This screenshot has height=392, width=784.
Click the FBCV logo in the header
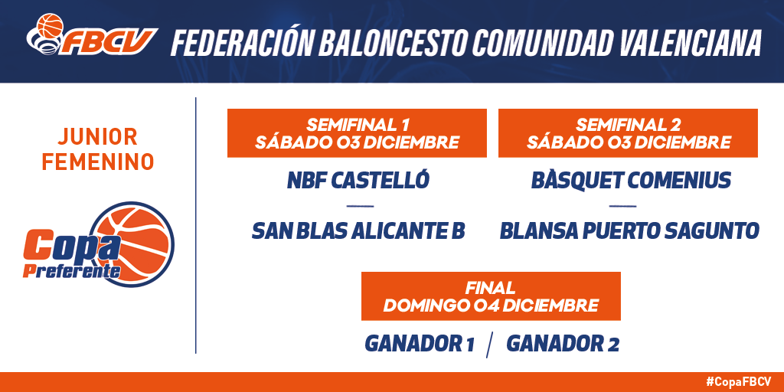click(x=92, y=35)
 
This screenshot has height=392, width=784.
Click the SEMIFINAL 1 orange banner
click(x=357, y=133)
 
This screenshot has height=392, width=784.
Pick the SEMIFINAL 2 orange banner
click(x=628, y=133)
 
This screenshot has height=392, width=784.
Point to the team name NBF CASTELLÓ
click(x=358, y=181)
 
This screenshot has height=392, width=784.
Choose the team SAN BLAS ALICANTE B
click(x=358, y=231)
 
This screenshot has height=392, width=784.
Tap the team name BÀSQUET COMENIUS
click(x=631, y=181)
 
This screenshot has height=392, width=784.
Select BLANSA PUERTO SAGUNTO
click(x=629, y=231)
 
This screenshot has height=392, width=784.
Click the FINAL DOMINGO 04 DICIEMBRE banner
click(x=491, y=296)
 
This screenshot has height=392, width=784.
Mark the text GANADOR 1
click(x=420, y=344)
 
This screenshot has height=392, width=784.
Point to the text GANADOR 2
click(x=563, y=344)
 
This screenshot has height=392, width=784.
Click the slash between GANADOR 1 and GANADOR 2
click(x=491, y=345)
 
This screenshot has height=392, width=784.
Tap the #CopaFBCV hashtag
click(x=738, y=382)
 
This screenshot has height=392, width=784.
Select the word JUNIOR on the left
click(x=97, y=136)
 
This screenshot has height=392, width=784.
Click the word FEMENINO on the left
click(x=97, y=162)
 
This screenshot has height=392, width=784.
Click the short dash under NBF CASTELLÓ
click(x=360, y=206)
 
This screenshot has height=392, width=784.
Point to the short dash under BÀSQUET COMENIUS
click(x=623, y=206)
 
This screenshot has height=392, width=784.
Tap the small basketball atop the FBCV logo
click(x=51, y=25)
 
